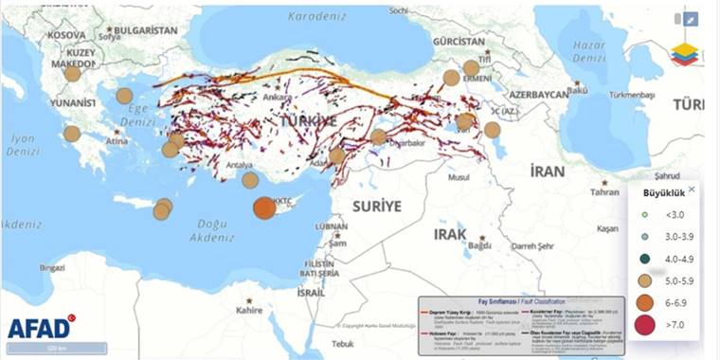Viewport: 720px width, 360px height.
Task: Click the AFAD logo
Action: coord(41,328)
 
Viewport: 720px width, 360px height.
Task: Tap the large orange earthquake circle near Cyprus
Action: coord(264,208)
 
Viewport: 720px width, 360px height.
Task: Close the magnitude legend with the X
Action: coord(691,189)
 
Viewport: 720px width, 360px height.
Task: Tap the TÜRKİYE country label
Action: coord(308,122)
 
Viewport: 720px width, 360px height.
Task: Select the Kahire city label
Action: coord(249,309)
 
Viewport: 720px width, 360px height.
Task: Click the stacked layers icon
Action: coord(684,55)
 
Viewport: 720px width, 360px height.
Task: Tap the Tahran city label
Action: coord(604,191)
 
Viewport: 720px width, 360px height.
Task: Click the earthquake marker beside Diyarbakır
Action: coord(378,136)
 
